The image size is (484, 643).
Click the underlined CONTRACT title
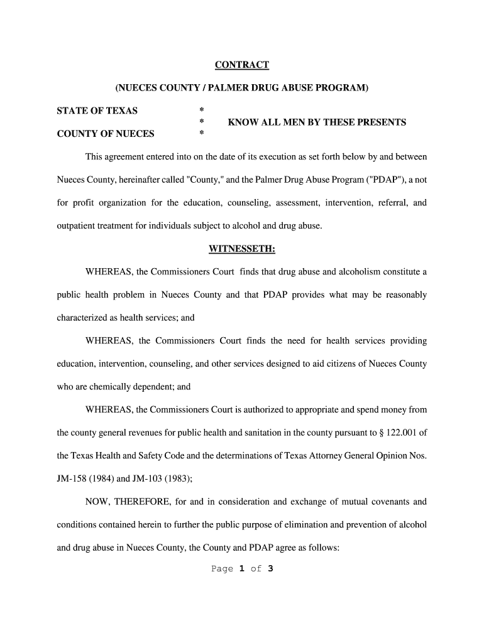click(x=242, y=65)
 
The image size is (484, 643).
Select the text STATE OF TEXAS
click(x=97, y=111)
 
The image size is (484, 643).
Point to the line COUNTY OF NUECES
click(x=106, y=134)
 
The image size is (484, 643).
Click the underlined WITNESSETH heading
click(x=242, y=249)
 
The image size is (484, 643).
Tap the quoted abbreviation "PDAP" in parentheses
click(x=391, y=180)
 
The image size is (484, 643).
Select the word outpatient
click(x=78, y=226)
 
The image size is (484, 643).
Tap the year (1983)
click(x=178, y=478)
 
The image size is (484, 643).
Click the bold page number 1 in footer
click(x=241, y=569)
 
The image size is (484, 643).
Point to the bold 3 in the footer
click(x=270, y=569)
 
